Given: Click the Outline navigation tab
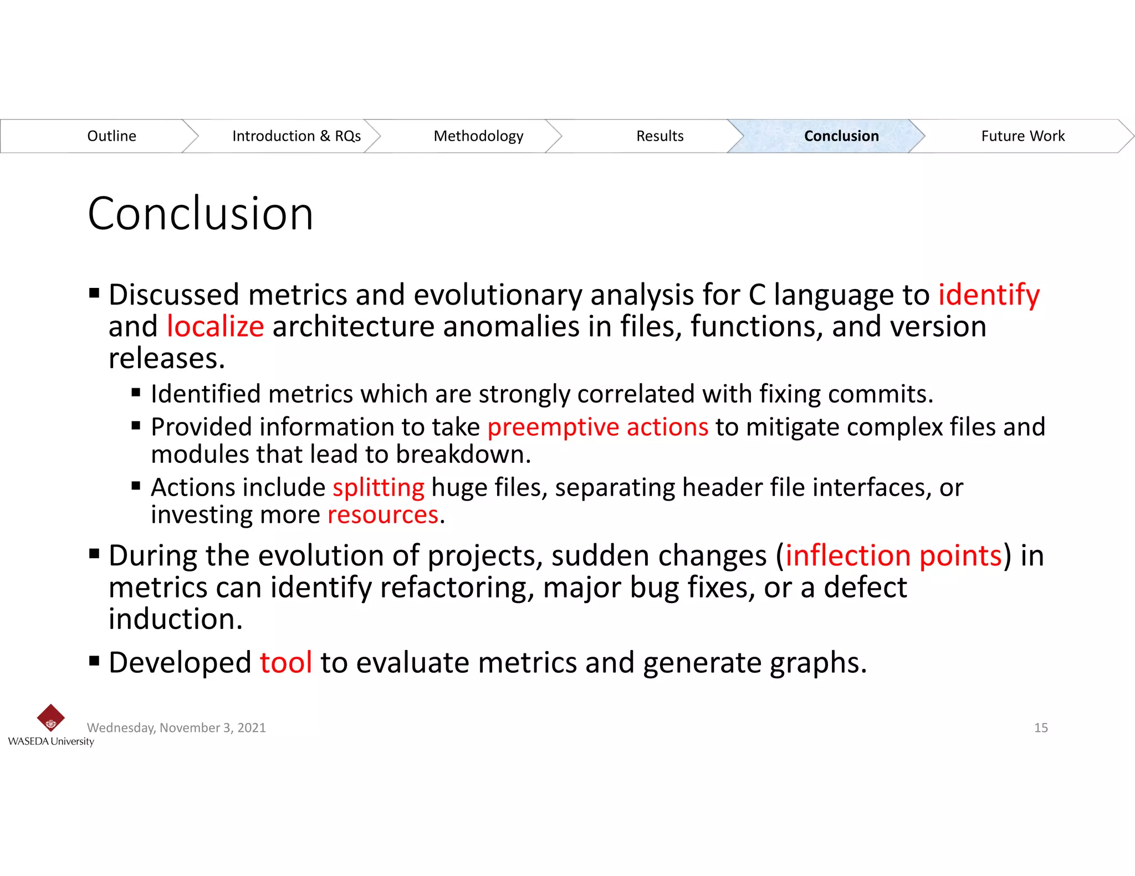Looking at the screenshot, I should (111, 136).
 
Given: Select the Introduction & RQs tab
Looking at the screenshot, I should (296, 136).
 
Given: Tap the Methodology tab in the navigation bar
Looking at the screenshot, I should (478, 136).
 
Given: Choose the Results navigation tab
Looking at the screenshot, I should (659, 136).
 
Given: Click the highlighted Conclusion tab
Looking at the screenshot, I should (841, 136).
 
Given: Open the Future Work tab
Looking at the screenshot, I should (1022, 136).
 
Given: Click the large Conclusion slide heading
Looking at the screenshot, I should (201, 214).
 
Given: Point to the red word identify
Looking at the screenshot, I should (988, 295).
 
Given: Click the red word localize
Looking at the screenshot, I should (215, 327).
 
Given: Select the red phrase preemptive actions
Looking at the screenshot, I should (597, 427).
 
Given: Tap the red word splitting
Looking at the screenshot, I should (378, 488).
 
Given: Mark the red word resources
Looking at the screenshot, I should (383, 515).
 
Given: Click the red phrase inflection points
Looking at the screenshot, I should (893, 555).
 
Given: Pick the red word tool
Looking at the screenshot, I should (286, 663).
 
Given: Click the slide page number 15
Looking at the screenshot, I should (1041, 728).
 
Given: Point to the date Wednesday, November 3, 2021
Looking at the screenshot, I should (176, 728).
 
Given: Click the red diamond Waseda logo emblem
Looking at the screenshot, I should (50, 718).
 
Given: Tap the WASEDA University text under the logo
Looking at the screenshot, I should (51, 741).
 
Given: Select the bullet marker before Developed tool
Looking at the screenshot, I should (94, 661).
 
